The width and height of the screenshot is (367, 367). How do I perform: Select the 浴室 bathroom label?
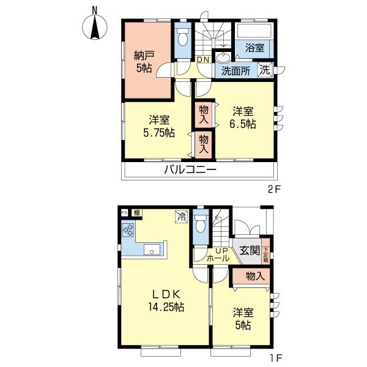254,48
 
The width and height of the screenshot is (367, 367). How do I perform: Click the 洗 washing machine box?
264,70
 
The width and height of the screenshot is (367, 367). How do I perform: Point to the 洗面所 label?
235,70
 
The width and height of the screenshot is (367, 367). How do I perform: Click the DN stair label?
203,59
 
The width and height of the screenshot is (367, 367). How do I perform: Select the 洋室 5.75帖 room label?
158,125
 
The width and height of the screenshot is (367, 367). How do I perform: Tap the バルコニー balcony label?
190,170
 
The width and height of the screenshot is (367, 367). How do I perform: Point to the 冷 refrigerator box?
181,215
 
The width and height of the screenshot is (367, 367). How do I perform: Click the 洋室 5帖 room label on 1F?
243,319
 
